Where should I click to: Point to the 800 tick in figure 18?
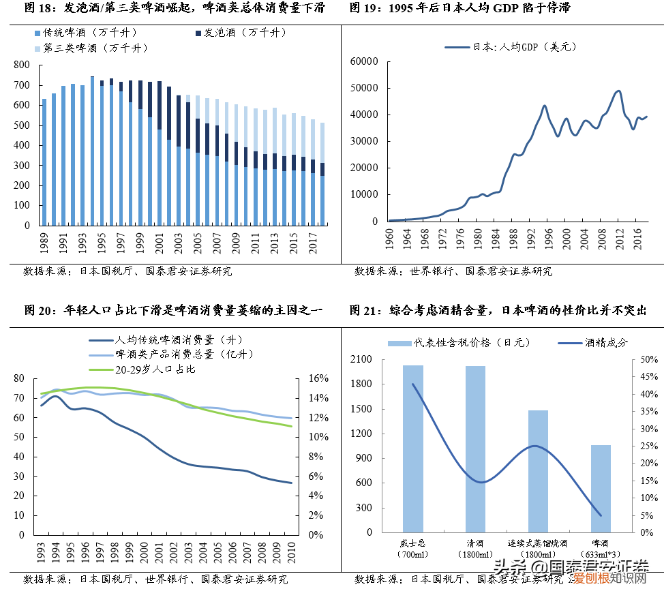click(x=22, y=65)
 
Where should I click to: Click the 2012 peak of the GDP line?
click(x=618, y=91)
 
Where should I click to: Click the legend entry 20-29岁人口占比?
click(x=154, y=369)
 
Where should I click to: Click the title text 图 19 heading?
click(x=460, y=8)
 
